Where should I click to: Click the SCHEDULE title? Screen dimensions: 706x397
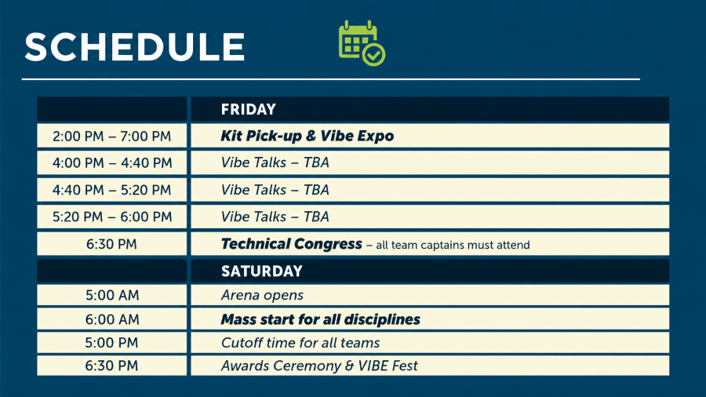[135, 47]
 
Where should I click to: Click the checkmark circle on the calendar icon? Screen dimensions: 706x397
[373, 54]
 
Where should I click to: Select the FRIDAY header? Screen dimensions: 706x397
[248, 109]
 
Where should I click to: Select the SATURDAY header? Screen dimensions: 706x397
[261, 271]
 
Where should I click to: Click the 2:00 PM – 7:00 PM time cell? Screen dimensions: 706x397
[111, 136]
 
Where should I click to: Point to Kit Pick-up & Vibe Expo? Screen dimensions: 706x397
[307, 136]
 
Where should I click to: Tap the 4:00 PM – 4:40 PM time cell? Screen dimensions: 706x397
[111, 162]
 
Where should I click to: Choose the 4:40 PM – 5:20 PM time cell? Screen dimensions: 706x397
[111, 190]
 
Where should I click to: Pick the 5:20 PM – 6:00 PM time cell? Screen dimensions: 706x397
[111, 217]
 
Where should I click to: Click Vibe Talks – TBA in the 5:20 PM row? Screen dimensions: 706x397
[275, 217]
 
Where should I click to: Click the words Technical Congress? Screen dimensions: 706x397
[291, 244]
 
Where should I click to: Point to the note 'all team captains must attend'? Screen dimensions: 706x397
[453, 246]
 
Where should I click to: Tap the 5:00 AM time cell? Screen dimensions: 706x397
[111, 295]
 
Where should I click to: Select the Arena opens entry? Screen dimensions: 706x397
[262, 295]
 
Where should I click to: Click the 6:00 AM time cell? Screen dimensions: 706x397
[111, 319]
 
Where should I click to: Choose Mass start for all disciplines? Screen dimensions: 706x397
[320, 319]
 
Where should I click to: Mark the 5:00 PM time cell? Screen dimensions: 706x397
[111, 343]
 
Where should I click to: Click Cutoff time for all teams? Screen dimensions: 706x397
[300, 343]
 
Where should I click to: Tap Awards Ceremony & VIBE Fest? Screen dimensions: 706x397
[319, 366]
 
